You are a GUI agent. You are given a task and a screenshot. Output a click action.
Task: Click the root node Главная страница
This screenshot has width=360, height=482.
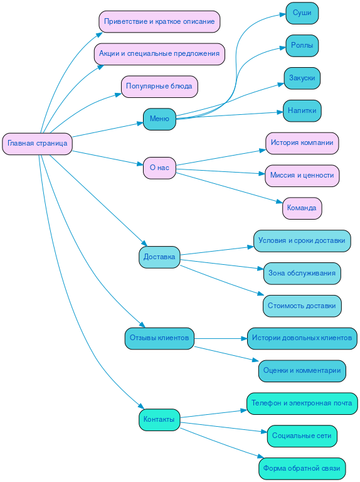coord(37,143)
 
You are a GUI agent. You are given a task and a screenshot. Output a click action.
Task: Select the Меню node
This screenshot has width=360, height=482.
coord(159,119)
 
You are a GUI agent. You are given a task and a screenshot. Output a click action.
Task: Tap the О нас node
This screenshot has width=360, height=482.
coord(159,168)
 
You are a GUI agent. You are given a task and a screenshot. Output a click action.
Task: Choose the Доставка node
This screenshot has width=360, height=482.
coord(159,257)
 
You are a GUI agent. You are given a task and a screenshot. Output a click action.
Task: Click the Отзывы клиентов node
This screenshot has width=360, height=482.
coord(159,338)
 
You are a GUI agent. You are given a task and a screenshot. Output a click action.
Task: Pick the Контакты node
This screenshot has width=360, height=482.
coord(159,419)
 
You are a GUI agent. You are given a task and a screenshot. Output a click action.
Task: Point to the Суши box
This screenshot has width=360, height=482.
coord(302,13)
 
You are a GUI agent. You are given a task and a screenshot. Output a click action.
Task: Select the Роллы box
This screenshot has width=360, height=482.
coord(302,45)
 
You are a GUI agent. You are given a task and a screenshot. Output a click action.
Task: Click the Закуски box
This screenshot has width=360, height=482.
coord(302,78)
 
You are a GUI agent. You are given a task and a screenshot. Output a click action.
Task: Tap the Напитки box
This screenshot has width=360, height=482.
coord(302,110)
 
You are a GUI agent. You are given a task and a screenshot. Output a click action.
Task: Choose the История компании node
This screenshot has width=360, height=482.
coord(302,142)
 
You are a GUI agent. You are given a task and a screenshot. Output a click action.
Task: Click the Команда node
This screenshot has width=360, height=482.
coord(302,208)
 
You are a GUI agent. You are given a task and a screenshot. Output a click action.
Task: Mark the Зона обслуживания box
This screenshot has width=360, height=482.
coord(302,273)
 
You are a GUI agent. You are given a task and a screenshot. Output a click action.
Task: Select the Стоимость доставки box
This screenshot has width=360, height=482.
coord(302,306)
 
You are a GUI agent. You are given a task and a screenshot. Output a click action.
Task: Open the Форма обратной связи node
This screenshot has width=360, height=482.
coord(302,468)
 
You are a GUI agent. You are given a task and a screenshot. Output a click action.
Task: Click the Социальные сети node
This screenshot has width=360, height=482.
coord(302,436)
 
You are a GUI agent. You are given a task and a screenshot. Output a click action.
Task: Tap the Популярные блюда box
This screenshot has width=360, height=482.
coord(159,86)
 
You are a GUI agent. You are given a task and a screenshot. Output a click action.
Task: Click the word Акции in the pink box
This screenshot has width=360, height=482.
coord(110,54)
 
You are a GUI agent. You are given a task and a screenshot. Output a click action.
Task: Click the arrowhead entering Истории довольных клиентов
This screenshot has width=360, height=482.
coord(243,338)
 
